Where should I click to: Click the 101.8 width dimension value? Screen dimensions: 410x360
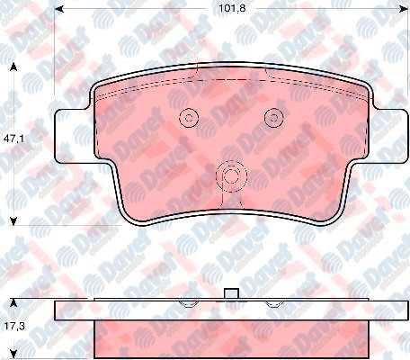(232, 8)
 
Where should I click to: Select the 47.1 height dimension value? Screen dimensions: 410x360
(13, 139)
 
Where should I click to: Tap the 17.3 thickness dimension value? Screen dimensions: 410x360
(13, 326)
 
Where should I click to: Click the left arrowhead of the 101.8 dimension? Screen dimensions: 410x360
(59, 9)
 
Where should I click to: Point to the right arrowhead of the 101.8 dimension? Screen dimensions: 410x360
(404, 9)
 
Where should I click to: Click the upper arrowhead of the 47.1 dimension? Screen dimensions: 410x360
(13, 67)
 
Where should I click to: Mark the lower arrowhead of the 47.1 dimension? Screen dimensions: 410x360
(13, 221)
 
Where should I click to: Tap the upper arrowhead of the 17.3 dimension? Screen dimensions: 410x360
(13, 303)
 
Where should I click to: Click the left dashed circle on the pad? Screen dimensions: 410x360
(189, 117)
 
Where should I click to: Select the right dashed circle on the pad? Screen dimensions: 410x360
(274, 117)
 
